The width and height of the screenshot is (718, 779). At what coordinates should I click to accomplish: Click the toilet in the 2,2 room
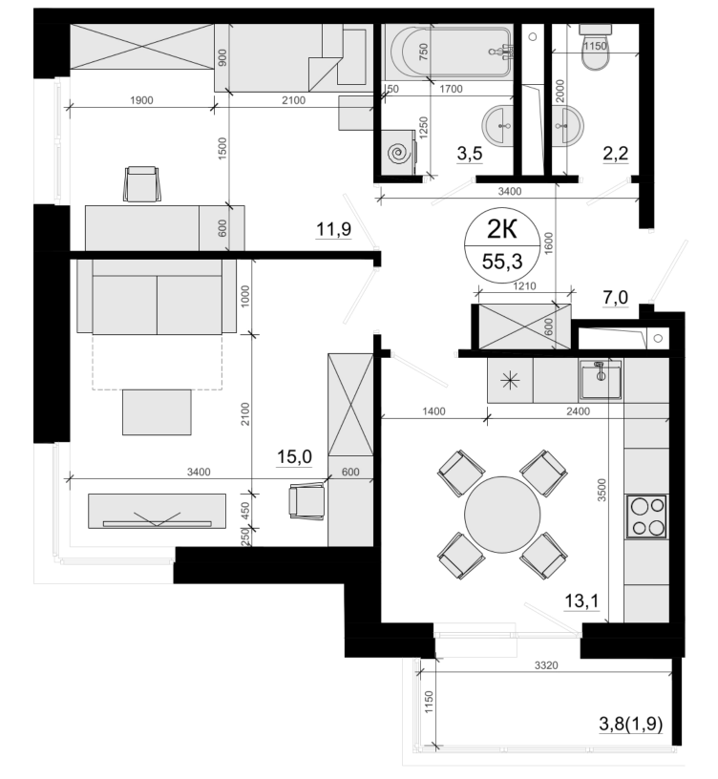click(595, 49)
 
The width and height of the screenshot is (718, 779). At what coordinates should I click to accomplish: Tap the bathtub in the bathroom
click(450, 52)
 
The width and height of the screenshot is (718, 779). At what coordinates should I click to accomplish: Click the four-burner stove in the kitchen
click(646, 516)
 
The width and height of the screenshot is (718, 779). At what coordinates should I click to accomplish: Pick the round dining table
click(502, 515)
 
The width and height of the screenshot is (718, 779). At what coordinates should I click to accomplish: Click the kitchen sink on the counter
click(601, 380)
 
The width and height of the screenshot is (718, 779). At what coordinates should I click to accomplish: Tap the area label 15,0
click(294, 456)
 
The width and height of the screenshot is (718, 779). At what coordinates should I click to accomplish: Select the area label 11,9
click(334, 229)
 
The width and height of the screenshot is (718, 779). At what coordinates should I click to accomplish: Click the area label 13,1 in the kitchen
click(581, 601)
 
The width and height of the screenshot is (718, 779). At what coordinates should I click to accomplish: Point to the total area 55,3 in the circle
click(502, 261)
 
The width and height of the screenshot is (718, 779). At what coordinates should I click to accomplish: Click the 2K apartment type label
click(502, 230)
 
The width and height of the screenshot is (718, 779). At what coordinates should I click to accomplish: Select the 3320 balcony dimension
click(546, 665)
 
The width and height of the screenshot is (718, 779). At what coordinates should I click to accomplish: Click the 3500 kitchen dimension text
click(602, 490)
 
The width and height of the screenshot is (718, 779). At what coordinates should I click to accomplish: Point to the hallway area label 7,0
click(615, 298)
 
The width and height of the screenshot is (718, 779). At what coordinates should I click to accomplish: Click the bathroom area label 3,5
click(470, 154)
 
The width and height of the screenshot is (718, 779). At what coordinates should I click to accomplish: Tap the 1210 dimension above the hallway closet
click(524, 286)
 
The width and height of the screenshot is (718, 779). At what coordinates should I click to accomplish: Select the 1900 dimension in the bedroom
click(141, 100)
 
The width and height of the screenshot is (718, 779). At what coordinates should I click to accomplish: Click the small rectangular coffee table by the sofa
click(157, 412)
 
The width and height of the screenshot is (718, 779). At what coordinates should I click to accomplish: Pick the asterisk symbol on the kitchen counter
click(510, 381)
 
